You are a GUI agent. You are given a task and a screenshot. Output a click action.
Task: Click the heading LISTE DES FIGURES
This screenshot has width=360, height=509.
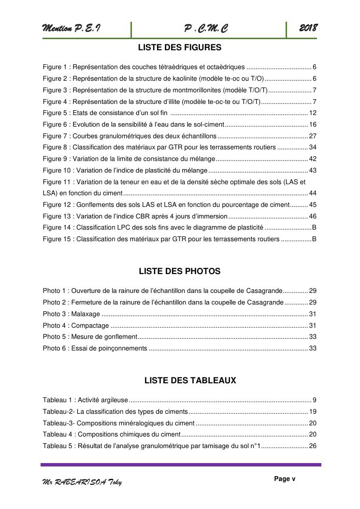coord(180,47)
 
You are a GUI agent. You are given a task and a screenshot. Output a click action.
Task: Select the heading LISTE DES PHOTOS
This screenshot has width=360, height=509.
coord(180,271)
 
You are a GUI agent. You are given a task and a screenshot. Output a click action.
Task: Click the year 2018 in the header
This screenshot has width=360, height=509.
coord(308,29)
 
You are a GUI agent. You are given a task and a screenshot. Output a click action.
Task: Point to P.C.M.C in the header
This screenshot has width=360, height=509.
coord(206,29)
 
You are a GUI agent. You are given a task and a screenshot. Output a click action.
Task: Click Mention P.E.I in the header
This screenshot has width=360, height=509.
coord(72,29)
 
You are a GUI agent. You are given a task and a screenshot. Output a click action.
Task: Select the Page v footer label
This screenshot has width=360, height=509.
coord(285,479)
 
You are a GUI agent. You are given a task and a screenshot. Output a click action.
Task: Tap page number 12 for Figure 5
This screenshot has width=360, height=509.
coord(313,113)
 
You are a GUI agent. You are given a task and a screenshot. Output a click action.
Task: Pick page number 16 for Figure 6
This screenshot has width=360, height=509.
coord(313,125)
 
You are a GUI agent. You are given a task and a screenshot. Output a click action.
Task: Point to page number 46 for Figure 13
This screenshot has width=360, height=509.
coord(313,216)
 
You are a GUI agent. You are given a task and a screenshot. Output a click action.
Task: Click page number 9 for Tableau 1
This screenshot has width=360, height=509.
coord(314,400)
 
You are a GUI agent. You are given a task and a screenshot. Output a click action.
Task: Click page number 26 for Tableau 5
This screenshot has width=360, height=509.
coord(313,446)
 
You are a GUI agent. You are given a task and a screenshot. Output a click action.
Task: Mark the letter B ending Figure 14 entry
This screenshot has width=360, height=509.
coord(314,228)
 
